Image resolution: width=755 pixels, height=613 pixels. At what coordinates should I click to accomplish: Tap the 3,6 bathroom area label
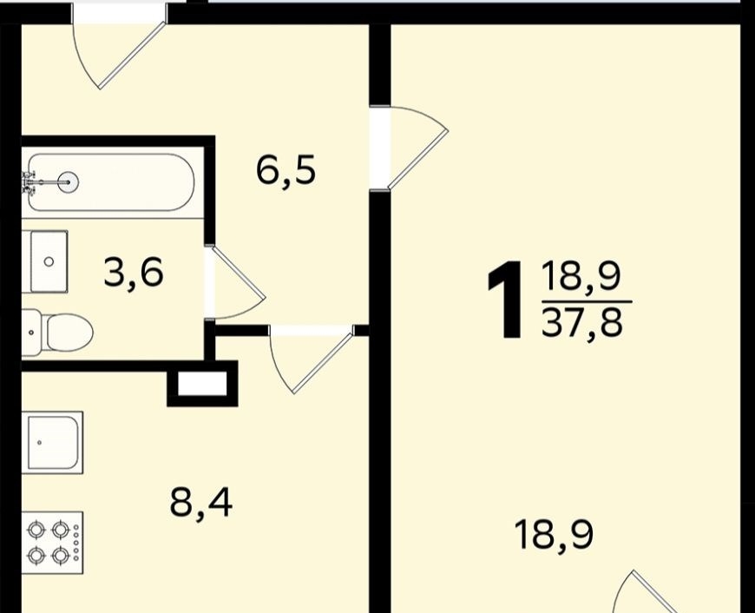click(x=134, y=273)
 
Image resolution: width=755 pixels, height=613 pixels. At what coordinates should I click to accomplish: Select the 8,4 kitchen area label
click(x=201, y=503)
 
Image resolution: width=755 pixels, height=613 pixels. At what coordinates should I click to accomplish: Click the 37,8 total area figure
click(x=582, y=321)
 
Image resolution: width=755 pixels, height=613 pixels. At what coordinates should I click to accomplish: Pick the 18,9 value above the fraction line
click(x=581, y=276)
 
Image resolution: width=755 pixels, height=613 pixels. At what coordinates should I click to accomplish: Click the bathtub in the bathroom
click(x=111, y=182)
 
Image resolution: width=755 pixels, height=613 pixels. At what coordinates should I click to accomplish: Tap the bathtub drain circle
click(x=68, y=181)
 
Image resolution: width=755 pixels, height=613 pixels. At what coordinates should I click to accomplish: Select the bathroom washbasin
click(x=49, y=261)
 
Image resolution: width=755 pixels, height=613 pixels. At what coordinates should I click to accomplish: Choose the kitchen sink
click(x=56, y=443)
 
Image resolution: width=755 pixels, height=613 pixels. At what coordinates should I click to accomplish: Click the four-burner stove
click(x=54, y=543)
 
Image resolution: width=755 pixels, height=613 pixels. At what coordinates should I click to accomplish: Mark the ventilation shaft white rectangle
click(x=202, y=384)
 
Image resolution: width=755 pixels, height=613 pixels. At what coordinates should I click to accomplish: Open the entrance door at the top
click(x=119, y=46)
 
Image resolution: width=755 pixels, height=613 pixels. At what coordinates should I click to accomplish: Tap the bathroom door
click(x=235, y=282)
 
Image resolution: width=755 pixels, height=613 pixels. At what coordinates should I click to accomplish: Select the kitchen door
click(x=312, y=359)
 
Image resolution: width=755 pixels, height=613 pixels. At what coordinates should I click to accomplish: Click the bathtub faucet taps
click(x=28, y=182)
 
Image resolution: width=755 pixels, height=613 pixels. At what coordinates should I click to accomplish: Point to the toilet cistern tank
click(x=31, y=332)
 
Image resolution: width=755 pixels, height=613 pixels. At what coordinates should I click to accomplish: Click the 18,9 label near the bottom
click(x=554, y=535)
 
